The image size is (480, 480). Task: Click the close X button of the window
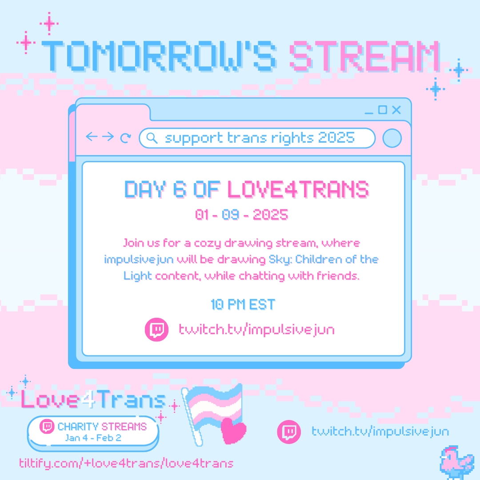pyautogui.click(x=396, y=110)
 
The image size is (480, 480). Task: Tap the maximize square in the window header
pyautogui.click(x=383, y=110)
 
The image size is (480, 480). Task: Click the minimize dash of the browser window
pyautogui.click(x=369, y=113)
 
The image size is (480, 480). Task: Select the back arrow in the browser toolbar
pyautogui.click(x=92, y=136)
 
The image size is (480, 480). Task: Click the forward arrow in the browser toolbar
pyautogui.click(x=108, y=136)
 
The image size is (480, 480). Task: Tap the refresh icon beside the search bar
pyautogui.click(x=125, y=138)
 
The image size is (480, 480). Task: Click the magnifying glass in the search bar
pyautogui.click(x=152, y=138)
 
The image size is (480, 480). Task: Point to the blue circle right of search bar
pyautogui.click(x=392, y=138)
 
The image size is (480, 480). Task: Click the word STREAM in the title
pyautogui.click(x=364, y=56)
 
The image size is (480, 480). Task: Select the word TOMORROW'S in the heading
pyautogui.click(x=159, y=56)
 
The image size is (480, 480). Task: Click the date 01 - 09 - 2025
pyautogui.click(x=241, y=215)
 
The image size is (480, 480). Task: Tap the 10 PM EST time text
pyautogui.click(x=243, y=304)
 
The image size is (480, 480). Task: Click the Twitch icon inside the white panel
pyautogui.click(x=156, y=330)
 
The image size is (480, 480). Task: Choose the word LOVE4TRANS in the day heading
pyautogui.click(x=298, y=189)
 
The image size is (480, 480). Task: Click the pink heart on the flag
pyautogui.click(x=233, y=431)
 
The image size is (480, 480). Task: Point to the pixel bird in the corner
pyautogui.click(x=456, y=462)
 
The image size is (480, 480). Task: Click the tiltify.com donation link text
pyautogui.click(x=126, y=463)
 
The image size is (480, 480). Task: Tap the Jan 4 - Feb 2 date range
pyautogui.click(x=93, y=438)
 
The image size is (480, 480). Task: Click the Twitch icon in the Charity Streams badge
pyautogui.click(x=47, y=426)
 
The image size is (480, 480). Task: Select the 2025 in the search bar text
pyautogui.click(x=336, y=137)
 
